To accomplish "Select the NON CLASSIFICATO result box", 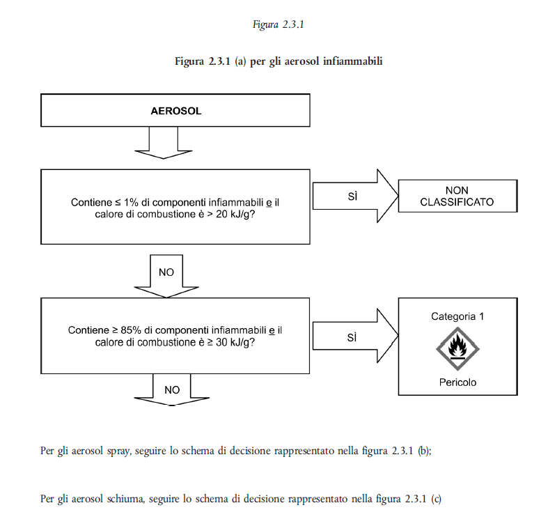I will [457, 196].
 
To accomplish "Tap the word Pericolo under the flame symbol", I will [457, 382].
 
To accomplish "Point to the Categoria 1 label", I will [457, 316].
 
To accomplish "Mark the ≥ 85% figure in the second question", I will [127, 330].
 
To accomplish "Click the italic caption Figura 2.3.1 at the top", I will [279, 24].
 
